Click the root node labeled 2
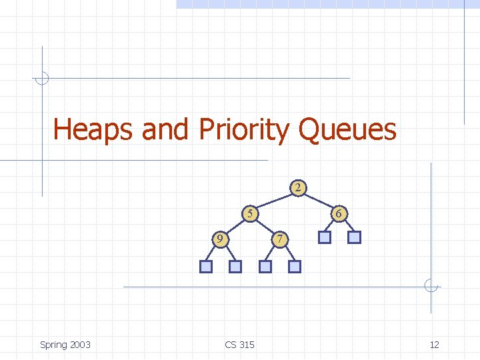click(x=298, y=187)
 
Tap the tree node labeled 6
click(x=339, y=214)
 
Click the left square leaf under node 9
click(x=206, y=267)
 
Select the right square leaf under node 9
click(x=235, y=267)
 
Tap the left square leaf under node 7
click(x=265, y=267)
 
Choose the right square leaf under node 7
click(x=295, y=267)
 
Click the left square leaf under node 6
click(x=325, y=237)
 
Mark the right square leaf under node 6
click(x=354, y=237)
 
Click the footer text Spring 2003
click(x=65, y=345)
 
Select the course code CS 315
click(x=239, y=345)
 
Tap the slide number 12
click(x=434, y=345)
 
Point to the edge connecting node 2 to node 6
click(x=319, y=201)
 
